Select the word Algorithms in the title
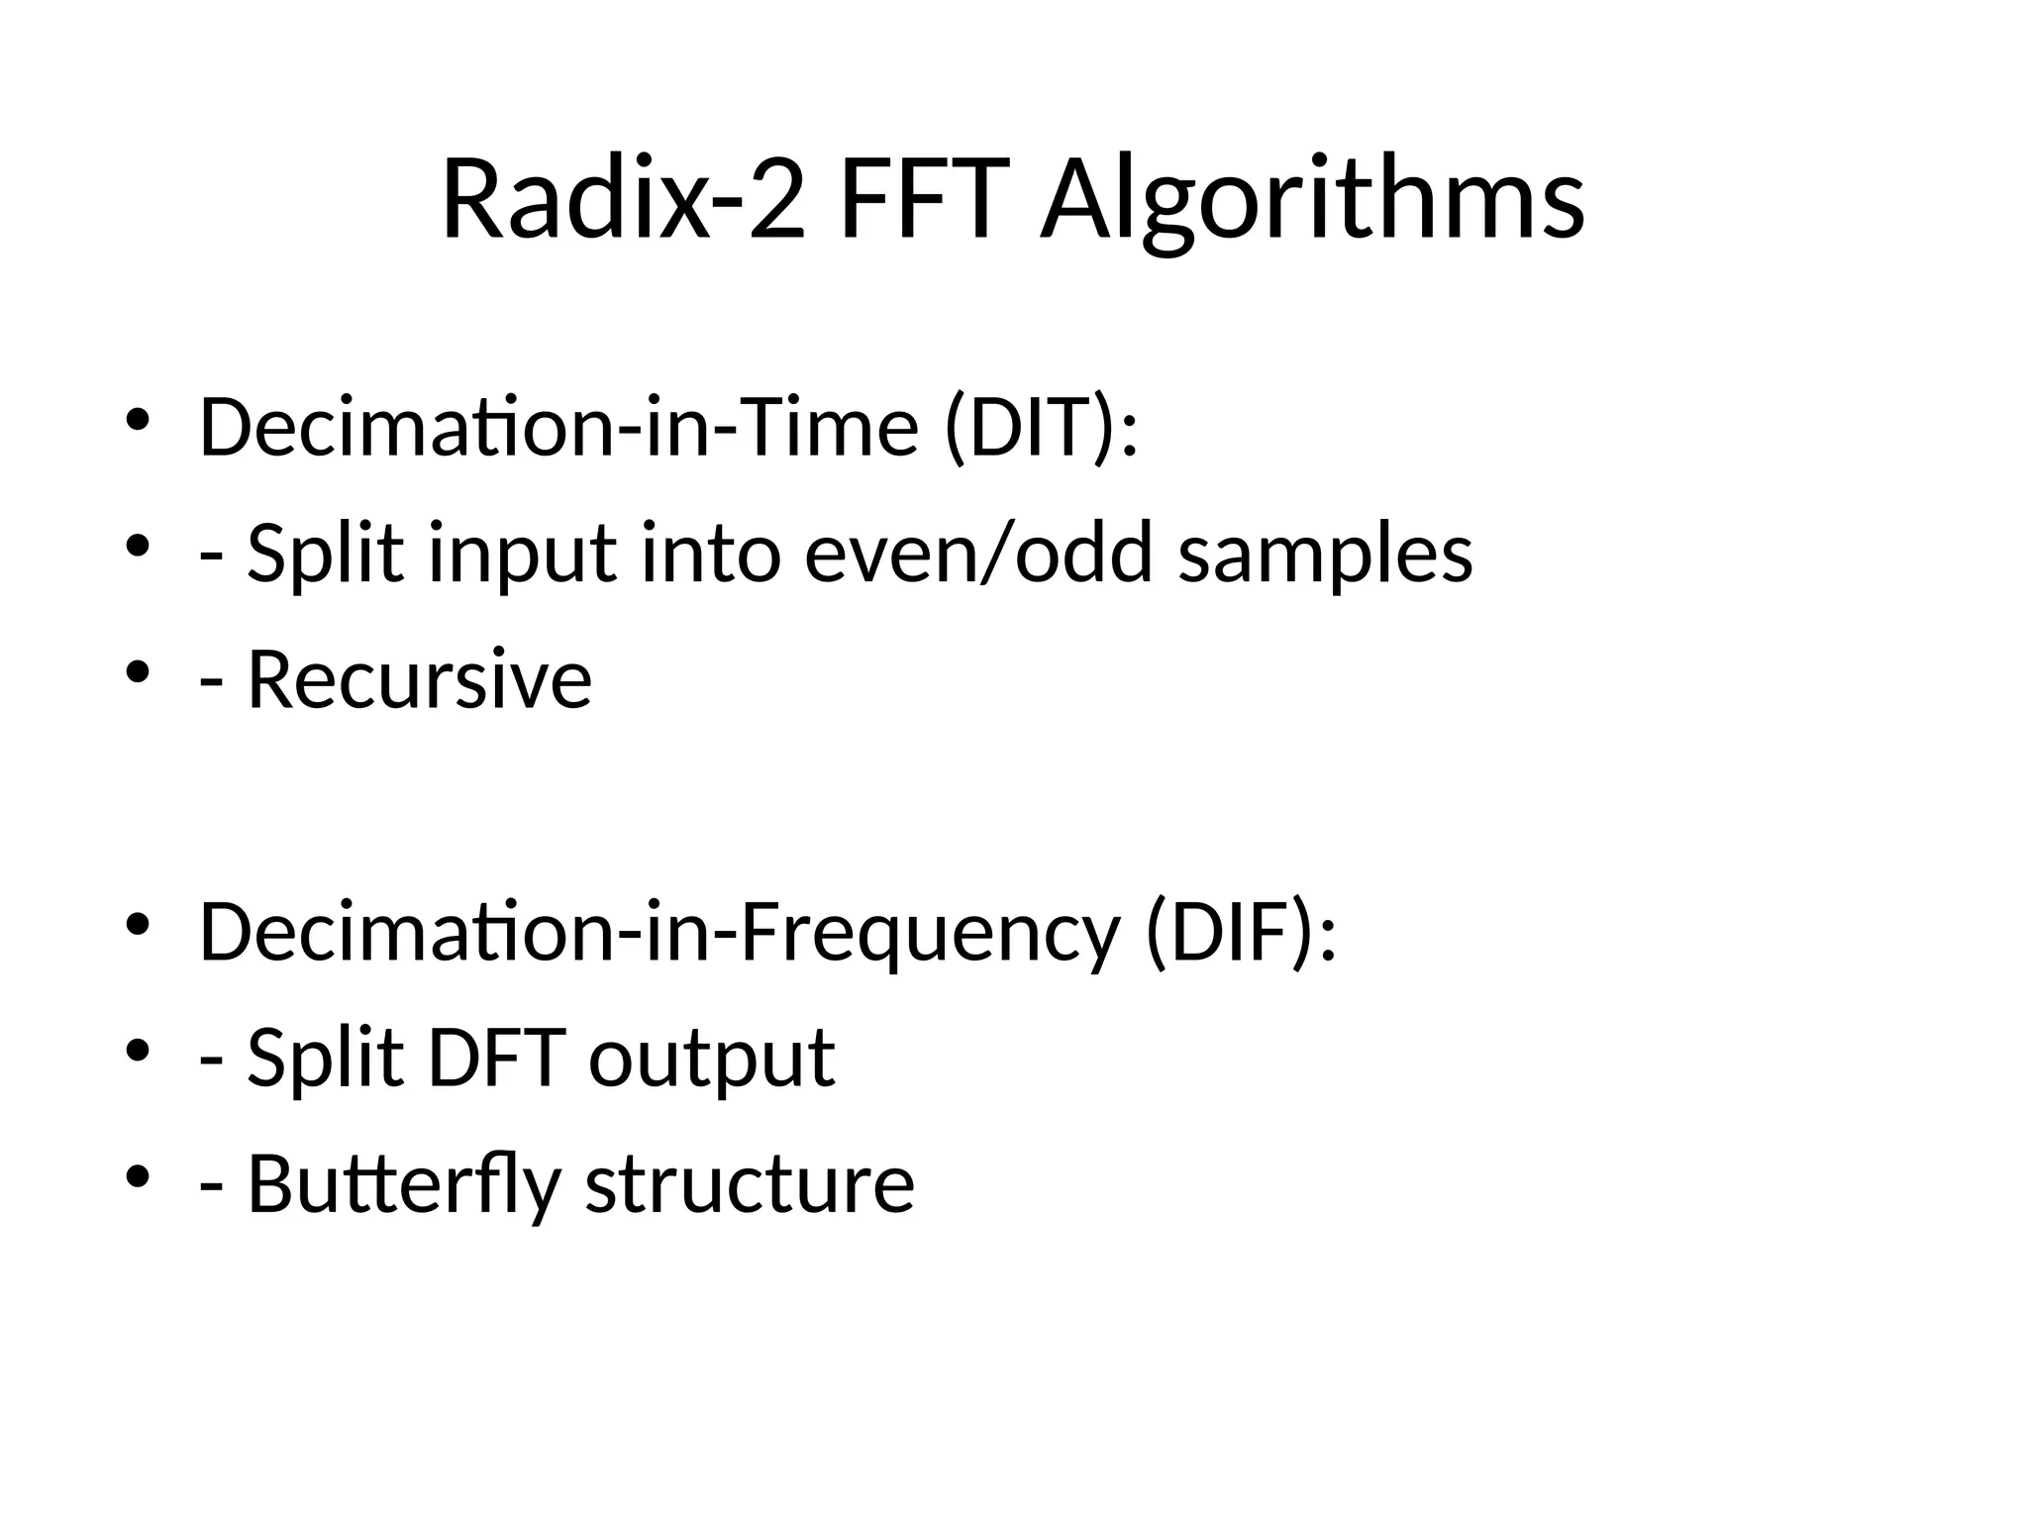tap(1312, 203)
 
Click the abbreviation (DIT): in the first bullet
tap(1041, 428)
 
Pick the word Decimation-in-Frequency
tap(659, 933)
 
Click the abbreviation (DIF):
tap(1241, 933)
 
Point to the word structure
tap(750, 1184)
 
